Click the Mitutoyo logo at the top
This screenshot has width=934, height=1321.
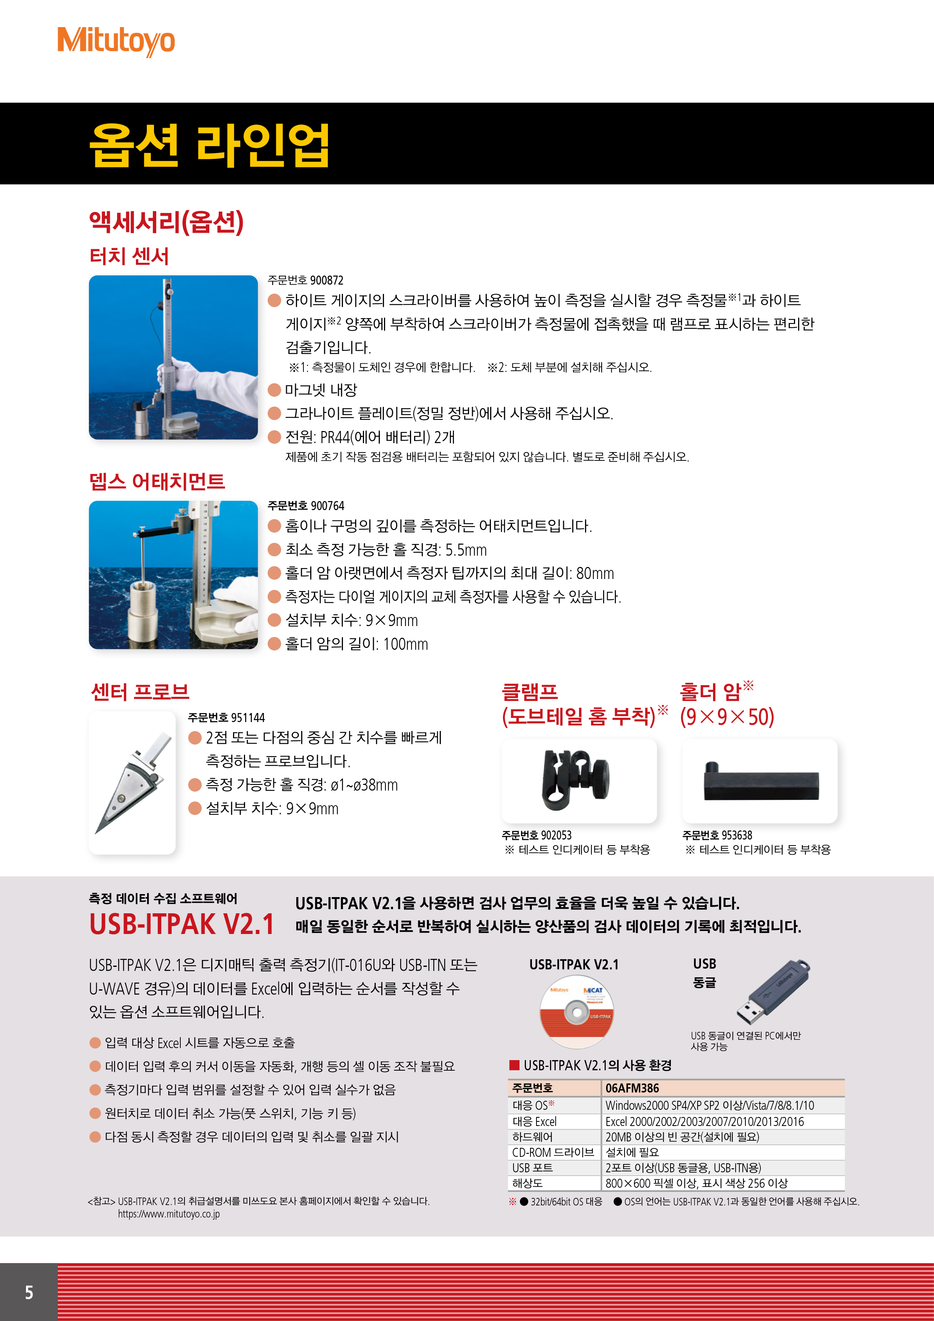tap(116, 41)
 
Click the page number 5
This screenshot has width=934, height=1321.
tap(29, 1292)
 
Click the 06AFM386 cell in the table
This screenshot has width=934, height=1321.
tap(632, 1088)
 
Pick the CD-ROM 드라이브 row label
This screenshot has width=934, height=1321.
tap(553, 1152)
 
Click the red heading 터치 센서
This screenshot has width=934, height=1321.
tap(129, 256)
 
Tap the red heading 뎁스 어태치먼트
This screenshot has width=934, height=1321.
tap(157, 481)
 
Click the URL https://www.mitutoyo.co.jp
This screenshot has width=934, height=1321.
tap(169, 1214)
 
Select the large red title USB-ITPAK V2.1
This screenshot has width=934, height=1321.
tap(182, 924)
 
